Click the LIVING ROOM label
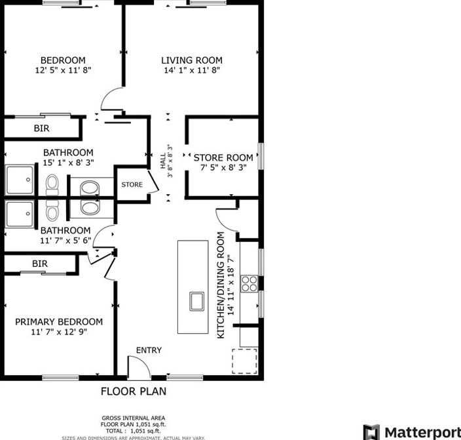(192, 60)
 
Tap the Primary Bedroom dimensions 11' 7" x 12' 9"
(59, 332)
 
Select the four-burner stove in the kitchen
(249, 284)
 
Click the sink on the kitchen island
(196, 301)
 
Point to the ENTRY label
(149, 350)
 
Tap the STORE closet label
(132, 185)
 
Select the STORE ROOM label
(223, 157)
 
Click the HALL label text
(163, 161)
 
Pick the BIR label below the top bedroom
(41, 128)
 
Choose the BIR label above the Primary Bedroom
(40, 264)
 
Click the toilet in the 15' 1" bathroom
(52, 185)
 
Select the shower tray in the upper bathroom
(20, 180)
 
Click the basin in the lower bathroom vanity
(90, 208)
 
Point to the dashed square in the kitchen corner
(245, 361)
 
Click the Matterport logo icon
(371, 432)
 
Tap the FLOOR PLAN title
(134, 391)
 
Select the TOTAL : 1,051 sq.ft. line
(133, 431)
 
